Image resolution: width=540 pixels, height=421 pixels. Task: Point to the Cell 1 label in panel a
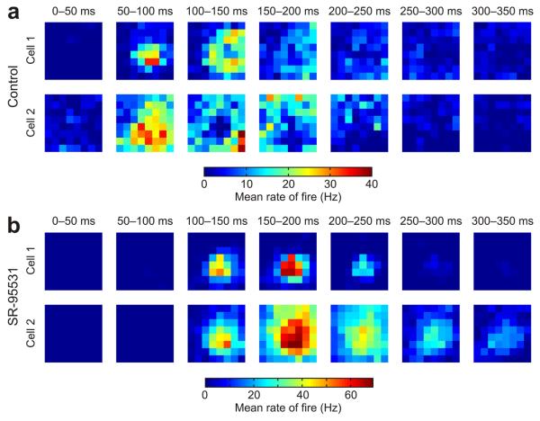(31, 49)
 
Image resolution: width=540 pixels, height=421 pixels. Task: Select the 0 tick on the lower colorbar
(205, 394)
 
